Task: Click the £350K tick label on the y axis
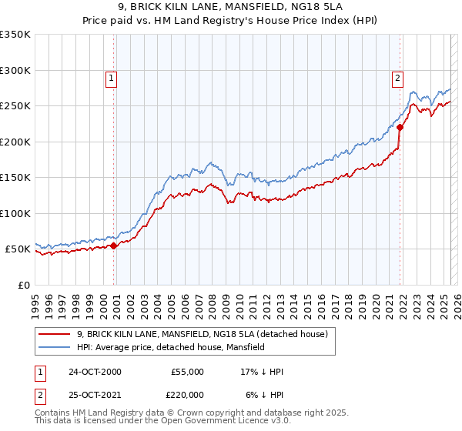[15, 35]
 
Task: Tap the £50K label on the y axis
[18, 249]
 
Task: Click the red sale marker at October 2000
[113, 246]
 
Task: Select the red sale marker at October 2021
[400, 128]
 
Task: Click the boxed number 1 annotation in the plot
[112, 77]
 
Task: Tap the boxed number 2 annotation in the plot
[397, 77]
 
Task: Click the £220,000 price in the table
[187, 396]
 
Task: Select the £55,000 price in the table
[187, 372]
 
